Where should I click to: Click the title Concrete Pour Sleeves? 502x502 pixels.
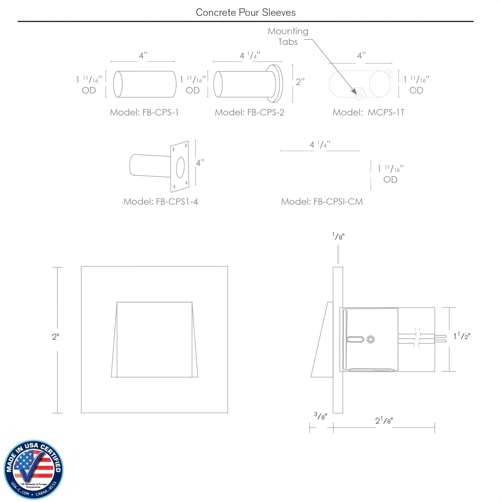point(245,12)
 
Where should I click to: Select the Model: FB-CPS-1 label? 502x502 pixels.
point(144,112)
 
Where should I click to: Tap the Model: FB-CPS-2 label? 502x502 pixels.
point(249,112)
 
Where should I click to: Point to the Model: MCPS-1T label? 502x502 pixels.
point(369,112)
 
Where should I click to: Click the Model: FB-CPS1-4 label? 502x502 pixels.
point(161,201)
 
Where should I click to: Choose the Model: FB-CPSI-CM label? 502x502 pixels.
point(322,201)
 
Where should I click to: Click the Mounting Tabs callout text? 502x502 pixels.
point(288,36)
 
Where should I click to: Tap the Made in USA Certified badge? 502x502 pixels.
point(33,470)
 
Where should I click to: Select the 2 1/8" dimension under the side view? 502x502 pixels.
point(384,421)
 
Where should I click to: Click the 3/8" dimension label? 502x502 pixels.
point(320,416)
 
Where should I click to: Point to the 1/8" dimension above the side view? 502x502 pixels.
point(338,236)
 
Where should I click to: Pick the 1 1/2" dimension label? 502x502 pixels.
point(462,336)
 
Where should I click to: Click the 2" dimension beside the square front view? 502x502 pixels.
point(56,337)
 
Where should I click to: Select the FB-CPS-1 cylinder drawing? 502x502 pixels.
point(145,84)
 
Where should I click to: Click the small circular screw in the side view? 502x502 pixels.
point(371,339)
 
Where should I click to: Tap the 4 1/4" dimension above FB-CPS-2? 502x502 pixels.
point(249,56)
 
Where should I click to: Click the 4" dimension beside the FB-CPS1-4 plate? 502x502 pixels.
point(200,163)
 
